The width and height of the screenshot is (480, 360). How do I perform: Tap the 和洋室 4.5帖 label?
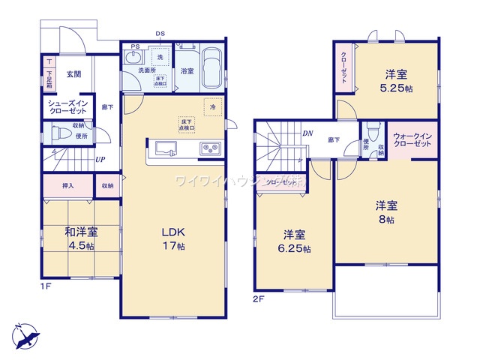81,238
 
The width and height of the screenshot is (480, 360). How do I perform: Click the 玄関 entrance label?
73,74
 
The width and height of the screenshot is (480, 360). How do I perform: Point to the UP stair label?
100,160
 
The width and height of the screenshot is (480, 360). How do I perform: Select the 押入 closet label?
67,184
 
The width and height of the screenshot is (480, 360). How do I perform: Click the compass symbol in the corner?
24,334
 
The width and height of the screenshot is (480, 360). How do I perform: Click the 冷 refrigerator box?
212,107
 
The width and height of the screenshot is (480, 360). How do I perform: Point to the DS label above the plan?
160,34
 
